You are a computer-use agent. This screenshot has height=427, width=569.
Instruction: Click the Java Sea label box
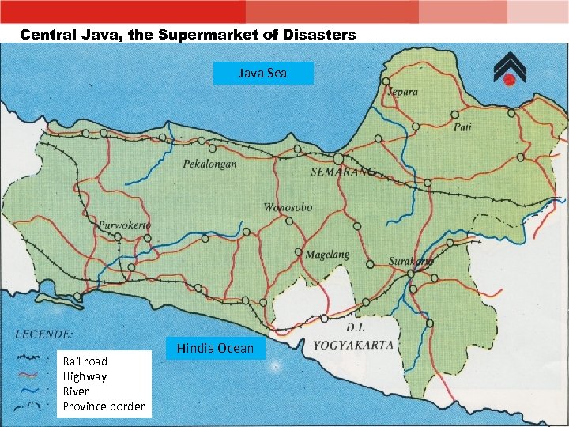263,73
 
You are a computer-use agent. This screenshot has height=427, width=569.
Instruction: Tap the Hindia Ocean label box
215,348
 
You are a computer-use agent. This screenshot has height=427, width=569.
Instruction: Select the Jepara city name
403,92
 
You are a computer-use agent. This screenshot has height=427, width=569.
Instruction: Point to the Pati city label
462,127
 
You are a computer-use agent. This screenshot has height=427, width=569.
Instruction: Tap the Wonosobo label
288,208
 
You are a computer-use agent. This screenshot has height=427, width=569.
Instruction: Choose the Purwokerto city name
124,225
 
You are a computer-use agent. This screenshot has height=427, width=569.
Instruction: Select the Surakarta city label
411,261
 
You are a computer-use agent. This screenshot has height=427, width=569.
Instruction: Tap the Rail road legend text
85,361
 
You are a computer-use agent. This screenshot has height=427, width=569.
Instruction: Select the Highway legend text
84,376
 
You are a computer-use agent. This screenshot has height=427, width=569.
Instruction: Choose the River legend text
76,391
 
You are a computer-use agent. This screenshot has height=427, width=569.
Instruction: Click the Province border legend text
104,406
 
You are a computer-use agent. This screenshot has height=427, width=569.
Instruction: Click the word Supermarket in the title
218,35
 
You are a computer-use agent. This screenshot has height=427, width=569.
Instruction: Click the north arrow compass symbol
509,70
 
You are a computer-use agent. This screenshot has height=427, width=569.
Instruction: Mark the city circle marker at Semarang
337,158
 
